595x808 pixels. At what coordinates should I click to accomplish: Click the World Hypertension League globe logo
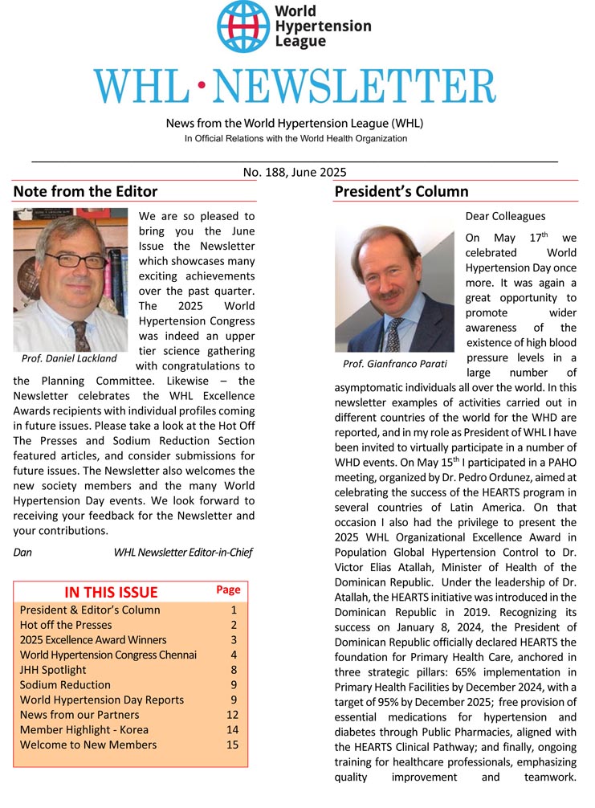click(x=242, y=27)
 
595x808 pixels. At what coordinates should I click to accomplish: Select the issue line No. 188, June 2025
click(x=295, y=172)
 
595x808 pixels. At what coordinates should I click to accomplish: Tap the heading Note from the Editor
click(x=85, y=191)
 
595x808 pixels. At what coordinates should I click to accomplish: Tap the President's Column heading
click(x=401, y=191)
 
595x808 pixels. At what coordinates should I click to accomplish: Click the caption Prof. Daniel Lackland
click(x=69, y=358)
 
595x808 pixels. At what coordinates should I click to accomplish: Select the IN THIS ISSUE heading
click(x=111, y=592)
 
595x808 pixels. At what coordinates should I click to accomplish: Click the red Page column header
click(x=228, y=590)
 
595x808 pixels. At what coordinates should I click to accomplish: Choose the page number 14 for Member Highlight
click(x=233, y=729)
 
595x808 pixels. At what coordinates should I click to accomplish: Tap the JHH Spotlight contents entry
click(x=53, y=670)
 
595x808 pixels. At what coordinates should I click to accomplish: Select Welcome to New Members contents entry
click(x=88, y=745)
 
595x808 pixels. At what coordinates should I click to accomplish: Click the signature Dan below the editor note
click(x=22, y=552)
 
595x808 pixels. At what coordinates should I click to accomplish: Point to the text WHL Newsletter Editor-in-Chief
click(x=184, y=552)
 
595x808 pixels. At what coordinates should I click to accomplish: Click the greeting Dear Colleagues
click(x=505, y=216)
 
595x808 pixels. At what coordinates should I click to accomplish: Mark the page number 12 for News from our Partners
click(x=233, y=715)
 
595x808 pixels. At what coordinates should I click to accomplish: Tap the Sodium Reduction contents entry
click(x=65, y=685)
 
